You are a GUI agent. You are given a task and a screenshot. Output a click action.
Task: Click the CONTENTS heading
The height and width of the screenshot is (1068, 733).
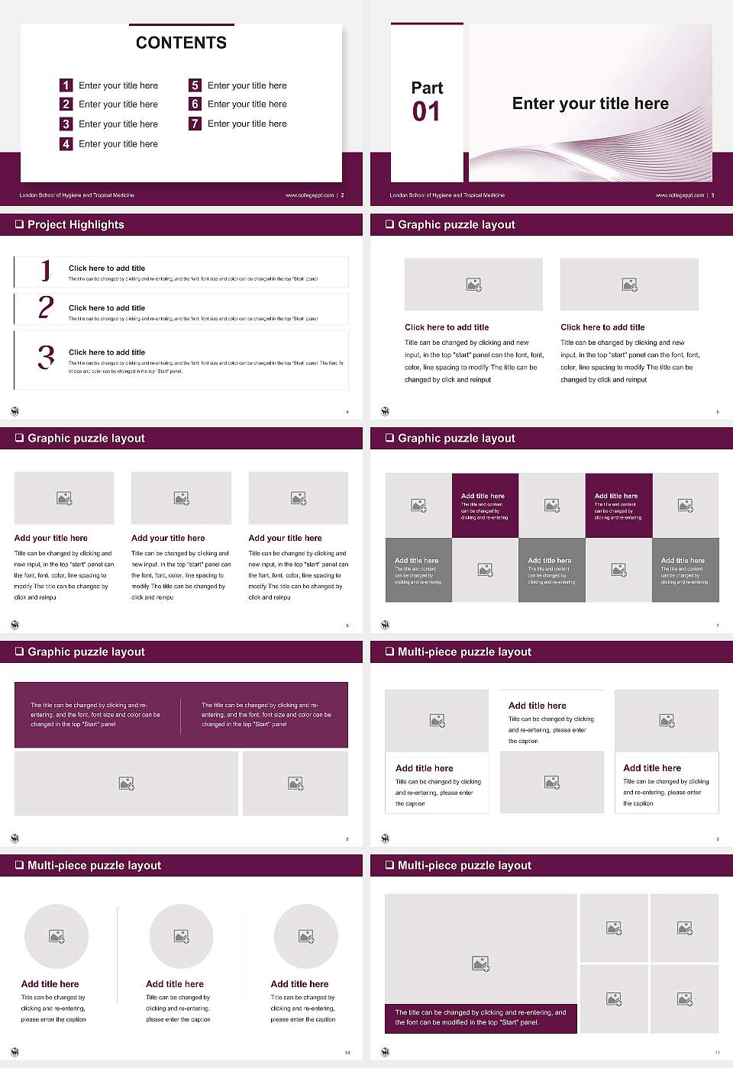(x=181, y=43)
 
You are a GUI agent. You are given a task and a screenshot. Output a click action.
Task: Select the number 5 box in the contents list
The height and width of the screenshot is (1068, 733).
(x=195, y=85)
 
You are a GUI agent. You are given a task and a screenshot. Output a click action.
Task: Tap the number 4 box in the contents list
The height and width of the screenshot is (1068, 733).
(x=66, y=143)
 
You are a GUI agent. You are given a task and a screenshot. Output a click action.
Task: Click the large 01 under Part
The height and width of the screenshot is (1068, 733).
(x=426, y=112)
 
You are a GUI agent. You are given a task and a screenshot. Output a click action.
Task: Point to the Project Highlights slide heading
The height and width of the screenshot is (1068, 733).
(x=76, y=224)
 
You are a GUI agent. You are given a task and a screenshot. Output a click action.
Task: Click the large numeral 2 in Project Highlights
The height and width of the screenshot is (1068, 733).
(x=46, y=307)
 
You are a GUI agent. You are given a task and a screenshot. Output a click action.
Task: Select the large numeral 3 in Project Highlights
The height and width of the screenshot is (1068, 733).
(x=46, y=357)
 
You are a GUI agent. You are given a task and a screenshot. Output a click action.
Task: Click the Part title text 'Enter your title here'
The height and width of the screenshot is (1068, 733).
(x=590, y=104)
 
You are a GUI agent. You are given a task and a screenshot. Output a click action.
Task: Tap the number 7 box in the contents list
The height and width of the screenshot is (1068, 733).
(x=195, y=124)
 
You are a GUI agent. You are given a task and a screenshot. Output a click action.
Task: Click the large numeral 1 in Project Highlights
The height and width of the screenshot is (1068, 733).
(x=46, y=270)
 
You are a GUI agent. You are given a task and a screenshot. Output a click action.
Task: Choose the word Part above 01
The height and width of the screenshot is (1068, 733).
(x=427, y=88)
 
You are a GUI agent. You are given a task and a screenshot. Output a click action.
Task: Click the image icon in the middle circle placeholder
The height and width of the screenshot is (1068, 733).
(x=181, y=936)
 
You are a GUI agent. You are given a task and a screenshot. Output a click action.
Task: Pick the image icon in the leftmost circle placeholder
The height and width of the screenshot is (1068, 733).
(x=57, y=936)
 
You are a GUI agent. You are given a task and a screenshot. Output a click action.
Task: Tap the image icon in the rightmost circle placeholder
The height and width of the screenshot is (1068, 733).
(x=306, y=936)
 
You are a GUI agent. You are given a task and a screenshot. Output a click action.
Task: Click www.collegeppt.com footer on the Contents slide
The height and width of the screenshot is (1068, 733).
(x=309, y=195)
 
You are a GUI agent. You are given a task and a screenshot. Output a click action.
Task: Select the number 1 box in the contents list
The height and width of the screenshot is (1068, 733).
(x=66, y=85)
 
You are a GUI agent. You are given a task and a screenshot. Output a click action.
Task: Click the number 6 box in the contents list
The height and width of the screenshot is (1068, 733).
(x=195, y=104)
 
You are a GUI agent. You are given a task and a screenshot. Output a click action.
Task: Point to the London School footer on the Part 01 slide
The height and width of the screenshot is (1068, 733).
(x=447, y=195)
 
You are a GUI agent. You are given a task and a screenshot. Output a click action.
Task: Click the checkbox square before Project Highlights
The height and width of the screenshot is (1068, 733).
(x=19, y=224)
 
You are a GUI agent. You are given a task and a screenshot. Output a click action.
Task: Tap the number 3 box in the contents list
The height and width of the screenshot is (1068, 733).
(x=66, y=124)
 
